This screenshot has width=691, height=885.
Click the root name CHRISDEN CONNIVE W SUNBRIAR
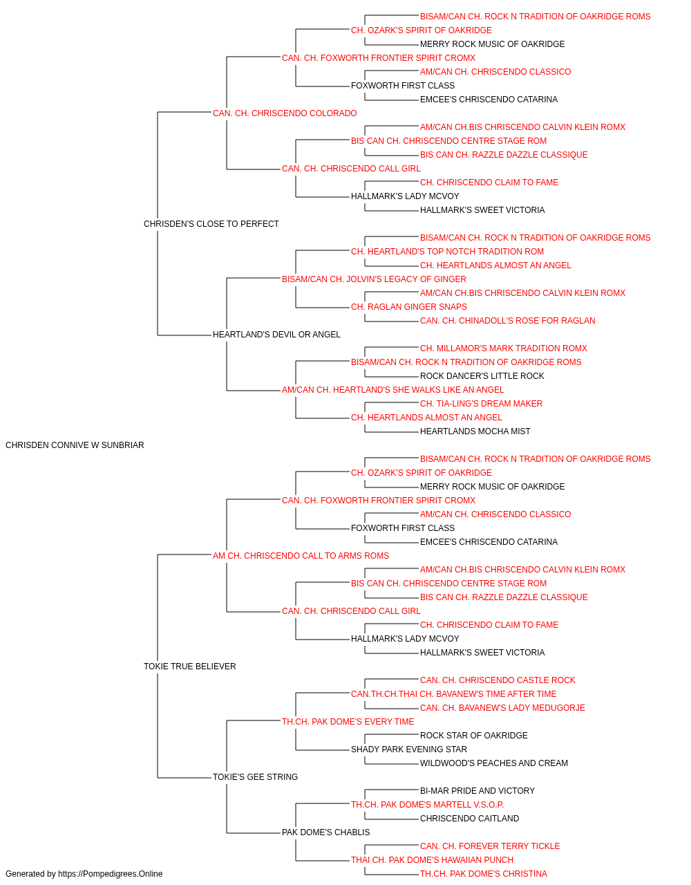click(75, 445)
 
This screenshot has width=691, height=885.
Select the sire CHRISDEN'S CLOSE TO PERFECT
click(211, 223)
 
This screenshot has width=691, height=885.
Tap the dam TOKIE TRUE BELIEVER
click(189, 667)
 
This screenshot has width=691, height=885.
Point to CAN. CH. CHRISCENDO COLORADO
click(285, 113)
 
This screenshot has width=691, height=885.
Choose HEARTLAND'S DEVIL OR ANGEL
click(276, 335)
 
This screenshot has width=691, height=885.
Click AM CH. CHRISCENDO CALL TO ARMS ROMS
click(301, 555)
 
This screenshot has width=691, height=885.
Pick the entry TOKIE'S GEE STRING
click(255, 776)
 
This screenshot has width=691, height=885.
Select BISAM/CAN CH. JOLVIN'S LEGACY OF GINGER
click(374, 279)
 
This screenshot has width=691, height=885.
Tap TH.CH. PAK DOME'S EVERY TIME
click(348, 721)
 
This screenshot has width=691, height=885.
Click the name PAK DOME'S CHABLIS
click(325, 832)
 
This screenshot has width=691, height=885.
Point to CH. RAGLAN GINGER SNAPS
click(409, 307)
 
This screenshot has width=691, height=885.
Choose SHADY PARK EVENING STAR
click(409, 749)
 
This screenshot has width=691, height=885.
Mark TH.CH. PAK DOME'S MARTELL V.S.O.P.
click(427, 804)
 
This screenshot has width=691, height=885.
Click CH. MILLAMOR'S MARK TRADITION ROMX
click(504, 348)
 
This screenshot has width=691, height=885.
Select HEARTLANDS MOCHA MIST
click(475, 431)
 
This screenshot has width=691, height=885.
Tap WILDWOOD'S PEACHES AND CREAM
click(493, 763)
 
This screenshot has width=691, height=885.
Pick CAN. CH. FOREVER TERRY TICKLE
click(490, 846)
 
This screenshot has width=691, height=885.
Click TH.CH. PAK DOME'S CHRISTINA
click(484, 874)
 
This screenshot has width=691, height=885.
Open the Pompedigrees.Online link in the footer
click(110, 874)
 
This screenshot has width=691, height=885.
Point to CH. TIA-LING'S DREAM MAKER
click(481, 404)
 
